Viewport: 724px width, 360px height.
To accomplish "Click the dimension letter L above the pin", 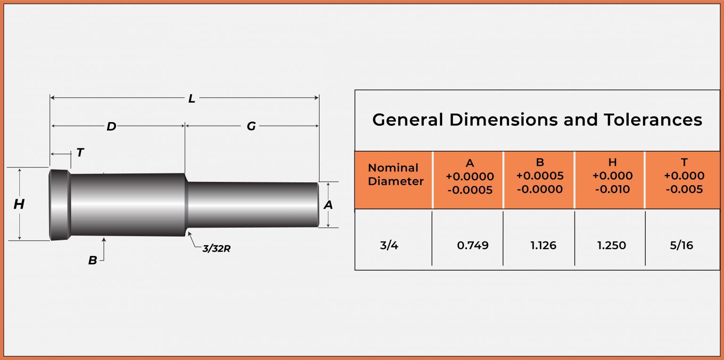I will [192, 98].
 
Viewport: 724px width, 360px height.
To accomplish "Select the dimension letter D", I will [111, 126].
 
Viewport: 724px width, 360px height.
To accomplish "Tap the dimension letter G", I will [251, 126].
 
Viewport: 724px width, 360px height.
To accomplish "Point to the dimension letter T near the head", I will [80, 153].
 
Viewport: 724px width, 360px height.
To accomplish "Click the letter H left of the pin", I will [19, 204].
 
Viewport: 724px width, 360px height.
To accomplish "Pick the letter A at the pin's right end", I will [328, 205].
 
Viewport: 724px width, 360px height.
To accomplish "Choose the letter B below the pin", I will [92, 260].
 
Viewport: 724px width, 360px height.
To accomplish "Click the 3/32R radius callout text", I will [216, 248].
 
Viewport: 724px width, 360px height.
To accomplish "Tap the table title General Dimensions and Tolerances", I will [537, 120].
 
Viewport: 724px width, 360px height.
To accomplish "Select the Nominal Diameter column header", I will [393, 174].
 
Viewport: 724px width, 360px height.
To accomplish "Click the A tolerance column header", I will [469, 176].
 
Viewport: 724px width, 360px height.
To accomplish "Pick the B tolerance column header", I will [540, 176].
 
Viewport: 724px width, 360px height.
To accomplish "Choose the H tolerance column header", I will [612, 176].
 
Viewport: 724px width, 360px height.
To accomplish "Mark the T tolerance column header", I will [684, 176].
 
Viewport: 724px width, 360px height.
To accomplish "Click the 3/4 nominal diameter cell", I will [389, 245].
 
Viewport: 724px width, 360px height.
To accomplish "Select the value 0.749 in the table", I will [473, 245].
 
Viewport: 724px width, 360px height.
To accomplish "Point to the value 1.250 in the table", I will [612, 245].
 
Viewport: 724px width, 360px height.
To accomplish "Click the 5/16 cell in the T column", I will [681, 245].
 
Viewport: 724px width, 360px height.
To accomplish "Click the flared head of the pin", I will [60, 204].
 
